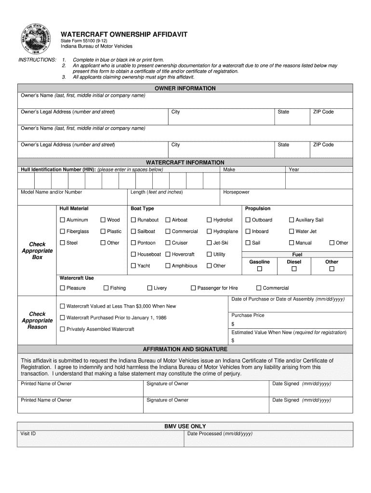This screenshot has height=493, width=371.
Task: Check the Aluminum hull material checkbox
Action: pos(62,220)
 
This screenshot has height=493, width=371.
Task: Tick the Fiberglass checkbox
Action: pos(62,232)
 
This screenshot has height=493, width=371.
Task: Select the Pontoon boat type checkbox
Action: pos(133,243)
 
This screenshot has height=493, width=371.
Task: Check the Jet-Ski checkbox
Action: pos(209,243)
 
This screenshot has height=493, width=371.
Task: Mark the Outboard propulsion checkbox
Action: pos(248,220)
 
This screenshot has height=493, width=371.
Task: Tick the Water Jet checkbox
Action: pos(291,232)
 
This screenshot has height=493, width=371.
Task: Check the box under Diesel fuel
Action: pos(294,269)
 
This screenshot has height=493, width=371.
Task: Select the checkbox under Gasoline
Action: pos(259,269)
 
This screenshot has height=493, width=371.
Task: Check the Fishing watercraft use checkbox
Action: pos(106,288)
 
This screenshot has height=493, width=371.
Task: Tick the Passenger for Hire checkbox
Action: pos(193,288)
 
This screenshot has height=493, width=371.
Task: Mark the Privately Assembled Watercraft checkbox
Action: pos(62,329)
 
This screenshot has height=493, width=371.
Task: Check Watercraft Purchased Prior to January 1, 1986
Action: pos(62,318)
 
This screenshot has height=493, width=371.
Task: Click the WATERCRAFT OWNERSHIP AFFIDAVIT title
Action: pos(124,35)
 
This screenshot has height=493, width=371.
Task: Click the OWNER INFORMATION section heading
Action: pos(185,89)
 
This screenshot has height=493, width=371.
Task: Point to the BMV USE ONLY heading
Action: pos(185,426)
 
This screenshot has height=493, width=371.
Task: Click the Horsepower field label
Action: pos(236,192)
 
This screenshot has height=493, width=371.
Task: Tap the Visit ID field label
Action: pos(28,434)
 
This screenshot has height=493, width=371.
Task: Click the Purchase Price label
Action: pos(248,315)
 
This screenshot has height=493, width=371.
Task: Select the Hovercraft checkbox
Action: pos(168,255)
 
